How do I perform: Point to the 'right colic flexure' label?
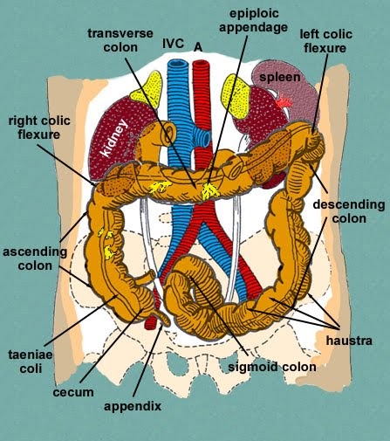[x=42, y=127]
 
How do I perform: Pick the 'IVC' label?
[x=174, y=43]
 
